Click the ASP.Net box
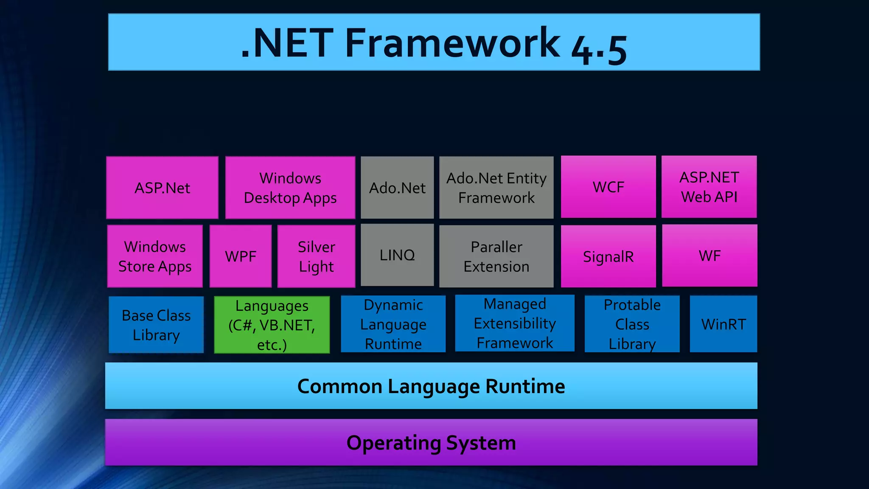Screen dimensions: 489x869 coord(162,188)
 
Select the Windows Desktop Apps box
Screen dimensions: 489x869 coord(290,188)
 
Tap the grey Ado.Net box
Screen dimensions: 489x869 coord(397,188)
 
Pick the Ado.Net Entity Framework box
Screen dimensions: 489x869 coord(496,188)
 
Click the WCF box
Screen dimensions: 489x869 coord(608,187)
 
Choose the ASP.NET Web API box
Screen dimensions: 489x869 coord(709,187)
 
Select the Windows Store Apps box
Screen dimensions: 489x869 coord(155,256)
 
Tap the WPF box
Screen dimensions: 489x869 coord(241,256)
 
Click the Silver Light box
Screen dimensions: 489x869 coord(316,256)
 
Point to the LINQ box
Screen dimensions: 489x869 coord(397,255)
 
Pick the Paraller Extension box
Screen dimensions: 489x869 coord(496,256)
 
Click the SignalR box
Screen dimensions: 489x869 coord(608,256)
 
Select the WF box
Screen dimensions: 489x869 coord(709,256)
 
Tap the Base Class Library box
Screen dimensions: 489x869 coord(156,325)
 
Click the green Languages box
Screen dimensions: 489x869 coord(272,325)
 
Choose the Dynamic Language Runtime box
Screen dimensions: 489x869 coord(393,324)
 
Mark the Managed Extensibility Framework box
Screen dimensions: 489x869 coord(515,323)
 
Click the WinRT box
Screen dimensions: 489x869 coord(723,324)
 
